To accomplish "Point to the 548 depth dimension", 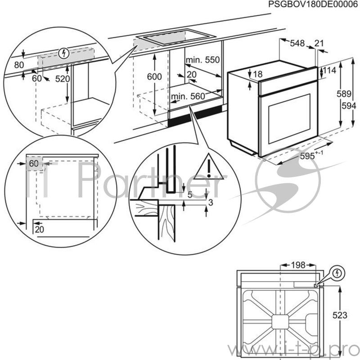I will [x=297, y=43].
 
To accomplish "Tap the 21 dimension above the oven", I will [x=319, y=43].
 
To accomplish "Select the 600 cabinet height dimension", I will [x=154, y=77].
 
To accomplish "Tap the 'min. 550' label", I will [x=202, y=60].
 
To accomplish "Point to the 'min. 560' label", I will [x=188, y=96].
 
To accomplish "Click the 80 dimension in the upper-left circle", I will [x=18, y=65].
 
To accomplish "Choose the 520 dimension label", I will [x=63, y=79].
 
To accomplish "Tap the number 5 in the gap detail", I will [x=190, y=195].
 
